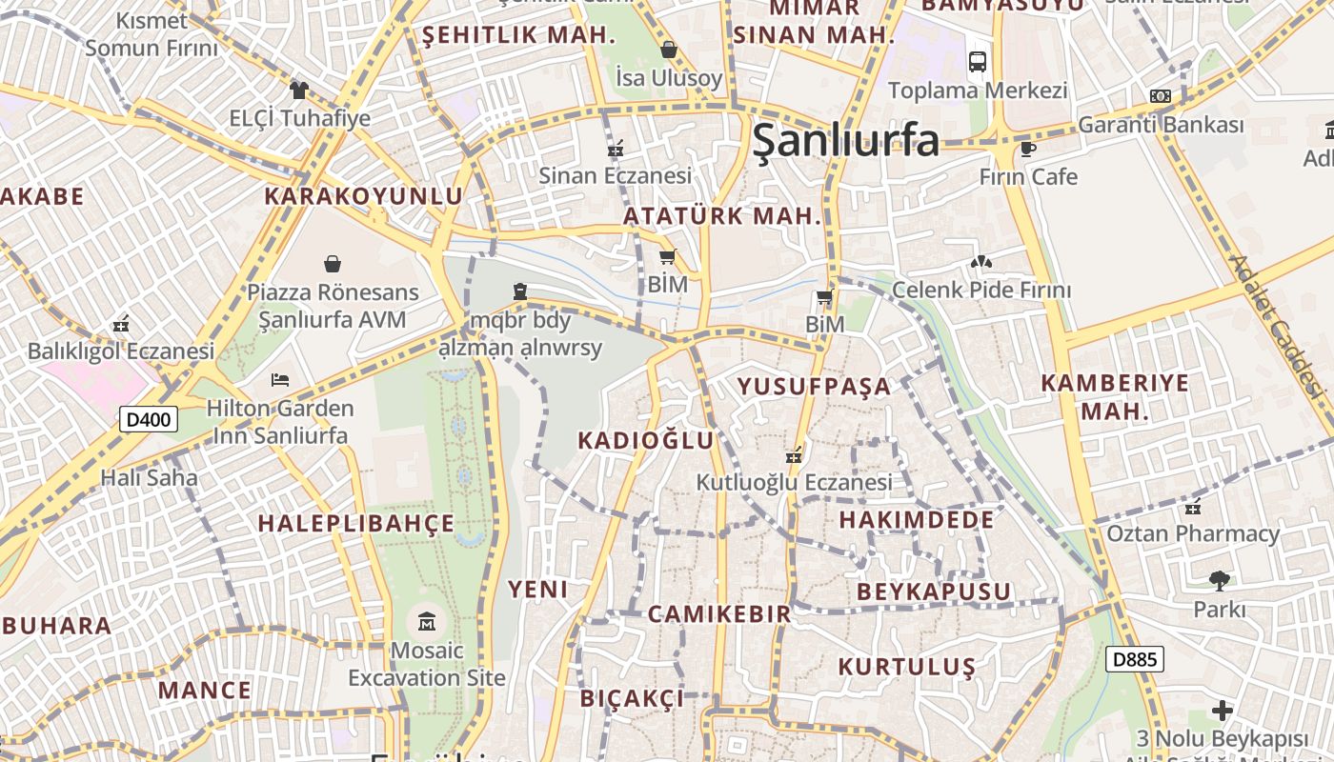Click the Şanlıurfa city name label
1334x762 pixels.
click(845, 141)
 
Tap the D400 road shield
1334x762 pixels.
click(150, 418)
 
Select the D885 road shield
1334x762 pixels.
click(1135, 659)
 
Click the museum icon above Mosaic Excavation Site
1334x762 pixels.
click(426, 623)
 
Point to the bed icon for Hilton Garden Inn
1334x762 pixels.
click(280, 380)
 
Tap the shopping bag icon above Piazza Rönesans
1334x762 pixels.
click(333, 263)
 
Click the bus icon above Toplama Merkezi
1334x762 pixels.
click(978, 62)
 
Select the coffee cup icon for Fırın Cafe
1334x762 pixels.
click(1027, 149)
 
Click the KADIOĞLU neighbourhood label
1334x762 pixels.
click(646, 440)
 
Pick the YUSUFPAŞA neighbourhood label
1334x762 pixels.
click(815, 387)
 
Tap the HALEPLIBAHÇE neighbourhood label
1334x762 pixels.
click(356, 524)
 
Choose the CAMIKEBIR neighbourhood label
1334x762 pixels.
click(719, 614)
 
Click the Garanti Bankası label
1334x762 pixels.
click(1161, 125)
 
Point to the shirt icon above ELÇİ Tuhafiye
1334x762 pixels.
click(299, 90)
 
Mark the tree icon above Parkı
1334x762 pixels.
click(1219, 580)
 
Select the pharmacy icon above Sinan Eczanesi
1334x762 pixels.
click(616, 148)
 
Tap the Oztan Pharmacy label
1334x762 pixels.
click(1192, 533)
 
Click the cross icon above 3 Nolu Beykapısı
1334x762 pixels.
click(1223, 711)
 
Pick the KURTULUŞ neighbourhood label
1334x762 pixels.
click(907, 667)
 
